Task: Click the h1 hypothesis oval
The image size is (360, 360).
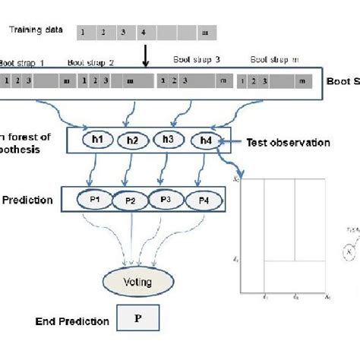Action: (96, 140)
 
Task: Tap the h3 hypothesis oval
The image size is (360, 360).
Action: (169, 140)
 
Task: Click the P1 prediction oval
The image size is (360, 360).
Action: (96, 201)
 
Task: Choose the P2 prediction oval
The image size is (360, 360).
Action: (130, 202)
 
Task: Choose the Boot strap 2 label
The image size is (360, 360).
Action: (91, 63)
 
